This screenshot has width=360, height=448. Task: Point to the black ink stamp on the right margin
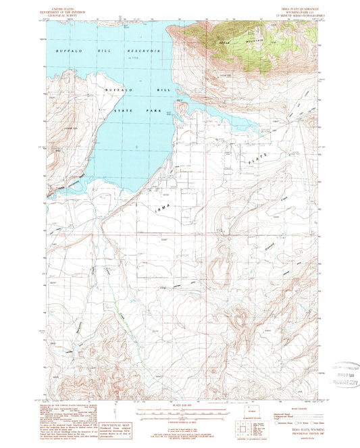pyautogui.click(x=334, y=374)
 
